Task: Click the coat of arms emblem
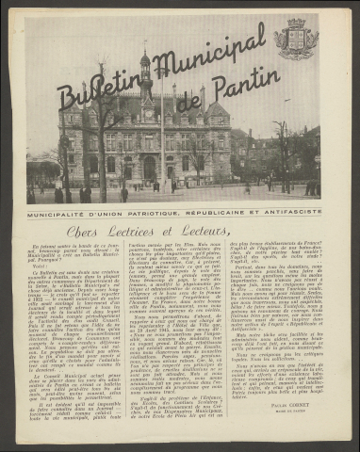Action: (x=295, y=40)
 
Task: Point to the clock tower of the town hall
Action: (x=146, y=80)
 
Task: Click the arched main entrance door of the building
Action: (x=149, y=169)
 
